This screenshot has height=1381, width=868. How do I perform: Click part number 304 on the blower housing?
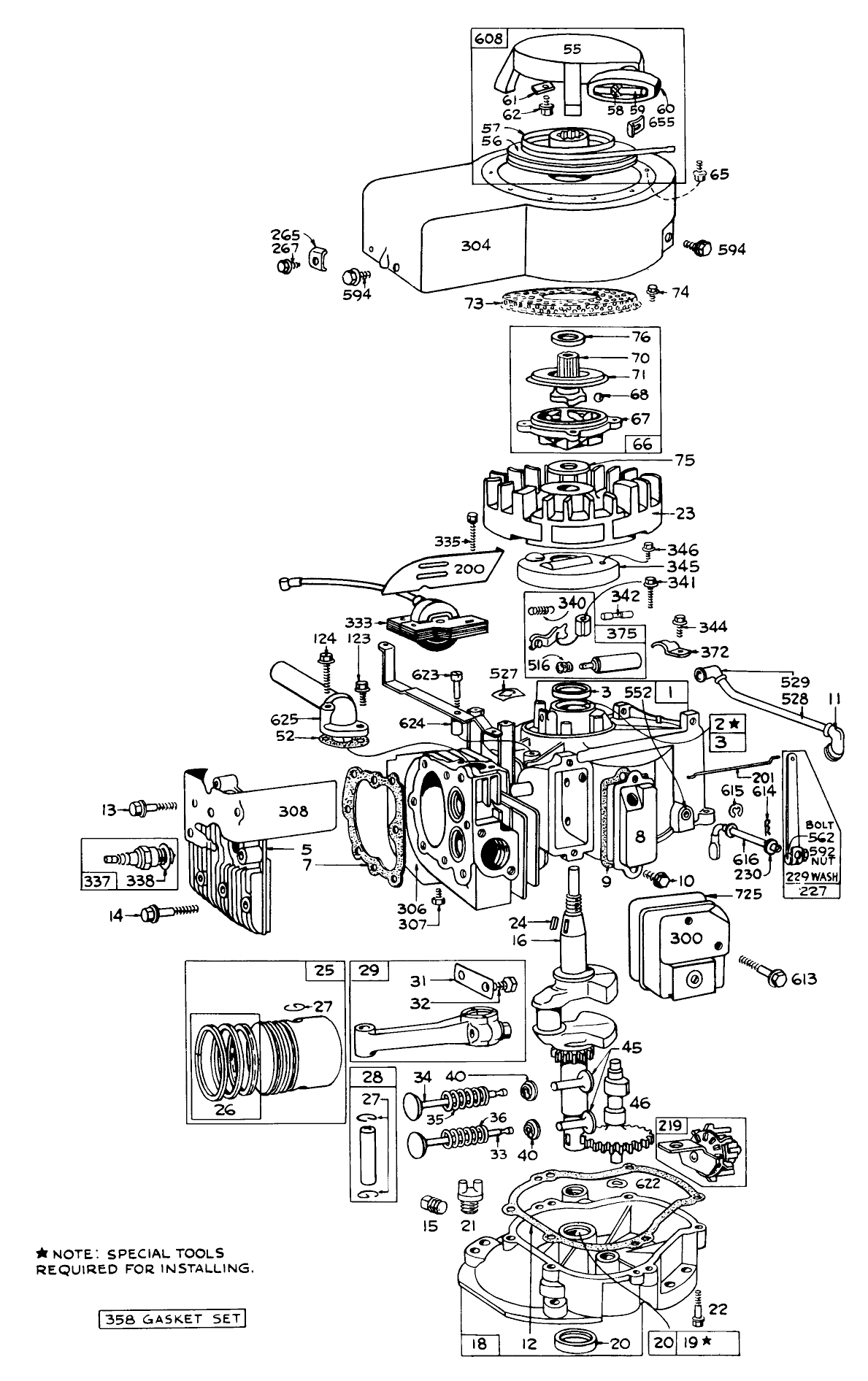coord(475,245)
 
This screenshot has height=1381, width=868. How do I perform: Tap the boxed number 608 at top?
coord(488,39)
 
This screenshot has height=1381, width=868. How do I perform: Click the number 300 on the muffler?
coord(685,937)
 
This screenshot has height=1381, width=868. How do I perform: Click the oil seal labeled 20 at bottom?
coord(576,1341)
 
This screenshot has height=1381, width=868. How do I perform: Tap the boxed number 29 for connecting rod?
coord(369,971)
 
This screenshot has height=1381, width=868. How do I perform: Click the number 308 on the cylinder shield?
coord(292,810)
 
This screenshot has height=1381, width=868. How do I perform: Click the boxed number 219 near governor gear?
coord(671,1126)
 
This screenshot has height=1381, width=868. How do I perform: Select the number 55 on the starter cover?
coord(572,49)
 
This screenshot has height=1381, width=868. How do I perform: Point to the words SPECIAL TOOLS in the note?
coord(166,1253)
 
